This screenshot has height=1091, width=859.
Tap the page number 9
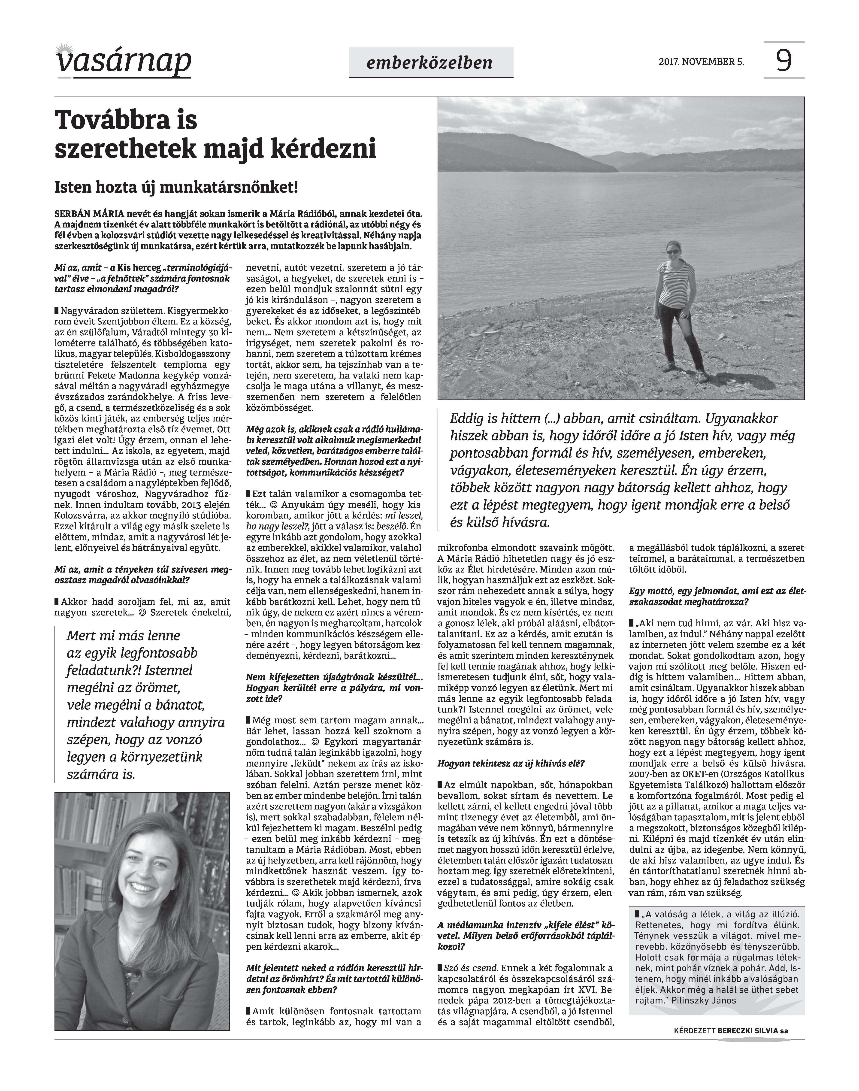click(783, 60)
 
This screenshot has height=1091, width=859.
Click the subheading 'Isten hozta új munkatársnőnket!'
click(176, 188)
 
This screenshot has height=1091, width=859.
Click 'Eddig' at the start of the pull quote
click(467, 418)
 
